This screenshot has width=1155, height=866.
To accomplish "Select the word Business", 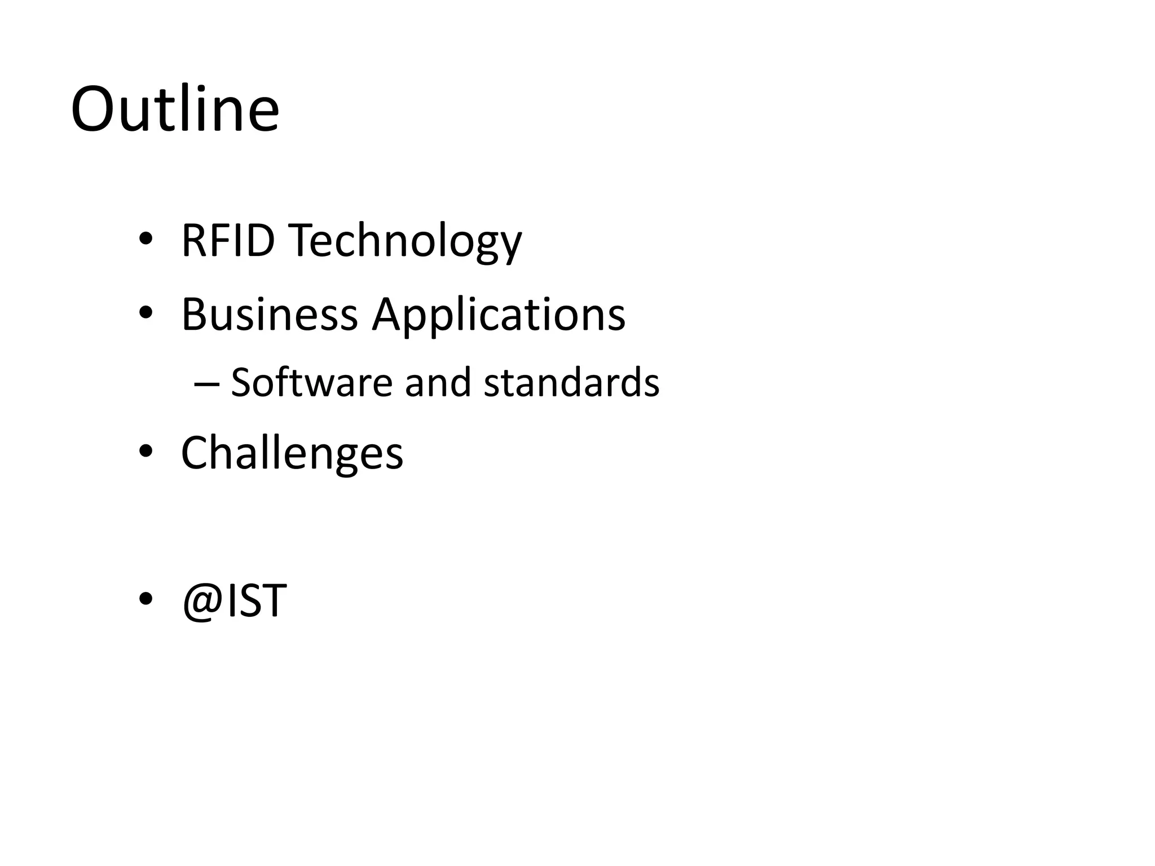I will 269,314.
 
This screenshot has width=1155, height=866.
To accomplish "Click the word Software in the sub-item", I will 311,383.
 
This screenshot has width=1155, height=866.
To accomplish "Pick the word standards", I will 571,383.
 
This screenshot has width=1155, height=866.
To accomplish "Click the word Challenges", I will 292,453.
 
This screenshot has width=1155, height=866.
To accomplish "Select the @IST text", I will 234,601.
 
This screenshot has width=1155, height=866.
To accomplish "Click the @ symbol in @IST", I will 201,602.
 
